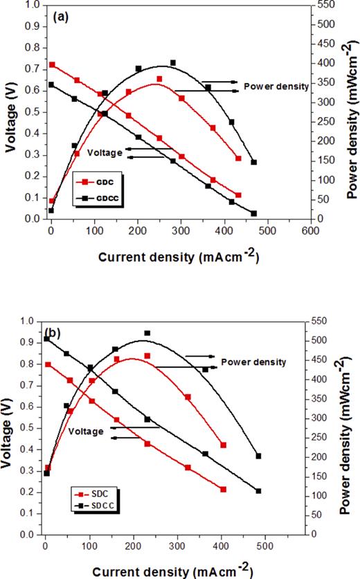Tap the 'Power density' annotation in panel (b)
(x=253, y=362)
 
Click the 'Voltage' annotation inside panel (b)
(x=86, y=431)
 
